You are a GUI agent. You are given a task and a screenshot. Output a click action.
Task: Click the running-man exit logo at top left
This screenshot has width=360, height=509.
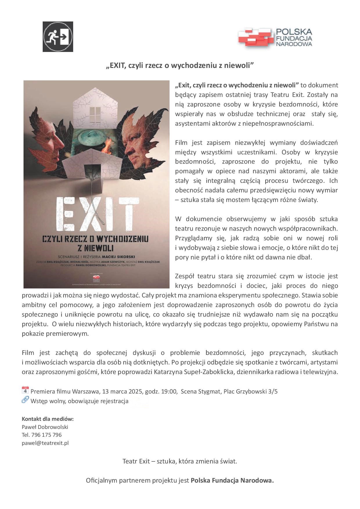(x=58, y=37)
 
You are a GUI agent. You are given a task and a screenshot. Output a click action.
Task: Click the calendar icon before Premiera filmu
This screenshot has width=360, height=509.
(x=25, y=390)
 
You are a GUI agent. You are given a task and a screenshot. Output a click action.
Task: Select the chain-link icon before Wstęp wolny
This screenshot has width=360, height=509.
(x=25, y=400)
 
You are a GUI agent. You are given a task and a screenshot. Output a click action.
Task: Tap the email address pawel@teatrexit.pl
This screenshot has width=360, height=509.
(x=45, y=443)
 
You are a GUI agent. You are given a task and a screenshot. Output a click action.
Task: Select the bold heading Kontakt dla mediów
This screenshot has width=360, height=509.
(x=48, y=419)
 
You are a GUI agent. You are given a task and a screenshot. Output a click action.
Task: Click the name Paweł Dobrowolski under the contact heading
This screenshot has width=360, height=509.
(x=45, y=427)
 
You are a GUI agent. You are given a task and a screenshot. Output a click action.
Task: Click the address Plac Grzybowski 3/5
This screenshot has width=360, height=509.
(x=250, y=391)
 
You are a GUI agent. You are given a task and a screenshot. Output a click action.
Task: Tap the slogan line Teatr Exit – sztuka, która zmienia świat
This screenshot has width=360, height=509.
(x=180, y=461)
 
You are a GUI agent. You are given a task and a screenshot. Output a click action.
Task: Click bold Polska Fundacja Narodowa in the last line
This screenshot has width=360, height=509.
(x=232, y=480)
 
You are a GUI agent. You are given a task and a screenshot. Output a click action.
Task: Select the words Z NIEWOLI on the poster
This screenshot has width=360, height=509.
(x=96, y=248)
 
